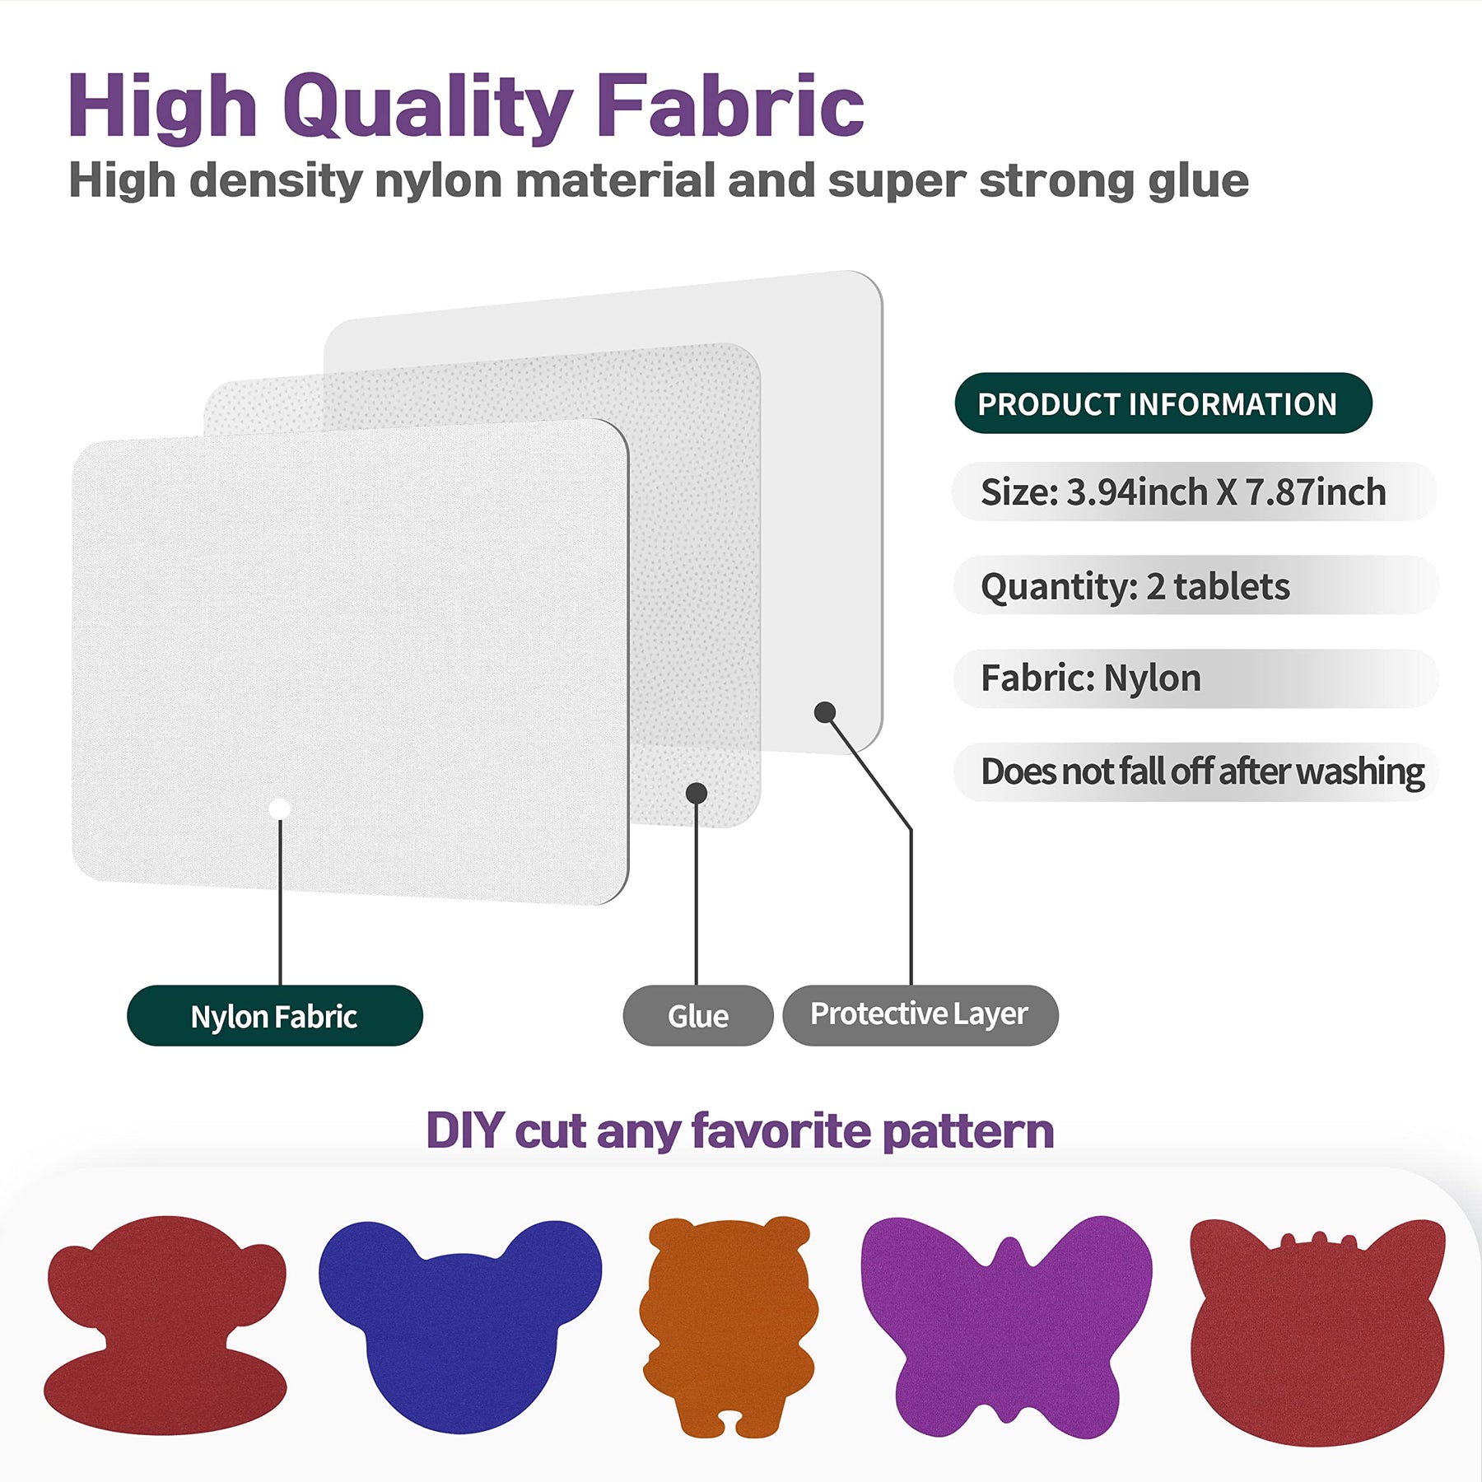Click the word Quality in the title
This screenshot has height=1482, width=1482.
pos(427,107)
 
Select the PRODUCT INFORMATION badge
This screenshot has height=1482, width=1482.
pos(1163,403)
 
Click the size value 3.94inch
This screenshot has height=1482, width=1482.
pos(1137,492)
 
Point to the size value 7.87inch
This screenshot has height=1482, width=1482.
pos(1316,492)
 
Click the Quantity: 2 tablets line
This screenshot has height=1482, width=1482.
pos(1135,586)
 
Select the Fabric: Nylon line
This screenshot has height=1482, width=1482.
pos(1091,678)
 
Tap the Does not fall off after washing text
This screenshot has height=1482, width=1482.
pos(1202,772)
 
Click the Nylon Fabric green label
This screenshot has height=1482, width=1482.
pos(274,1016)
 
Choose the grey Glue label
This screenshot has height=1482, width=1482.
pos(698,1016)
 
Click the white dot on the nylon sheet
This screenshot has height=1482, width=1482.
pos(280,809)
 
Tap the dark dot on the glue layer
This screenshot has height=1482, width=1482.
pos(697,793)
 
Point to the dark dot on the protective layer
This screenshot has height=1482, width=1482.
pos(825,712)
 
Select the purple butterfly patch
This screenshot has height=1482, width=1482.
pos(1006,1326)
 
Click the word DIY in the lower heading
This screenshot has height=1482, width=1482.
pos(465,1130)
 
